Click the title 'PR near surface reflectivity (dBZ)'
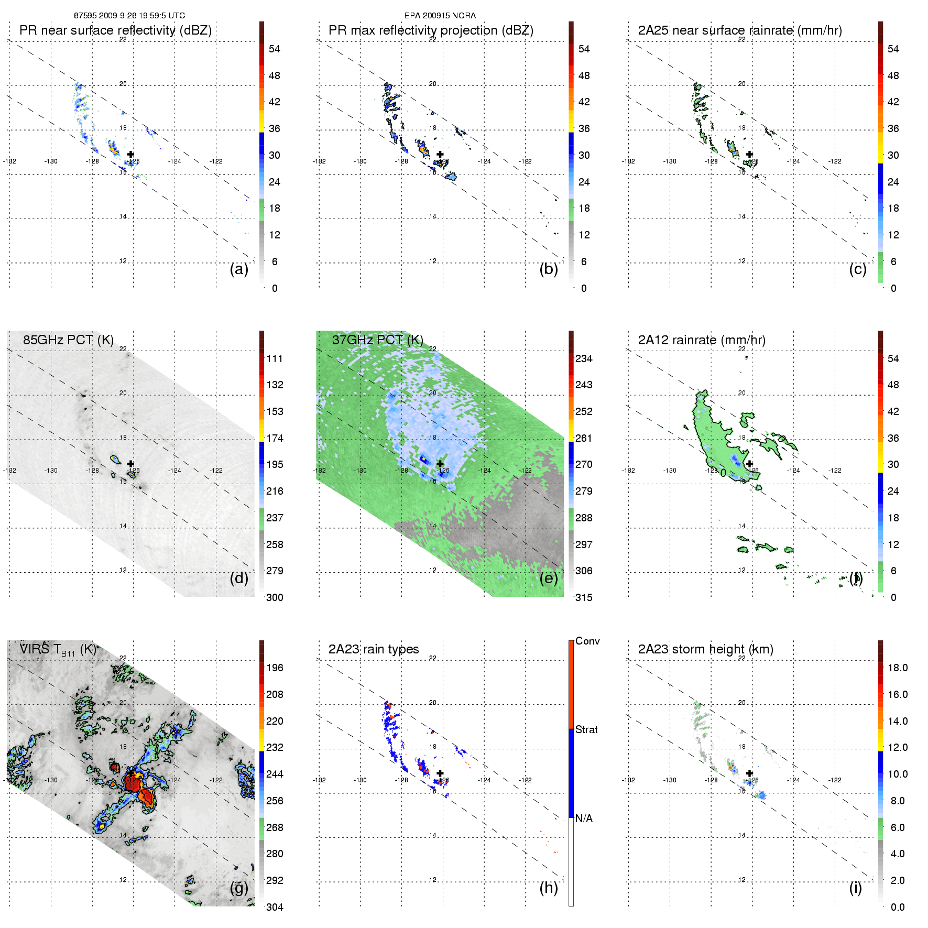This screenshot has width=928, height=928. [x=115, y=30]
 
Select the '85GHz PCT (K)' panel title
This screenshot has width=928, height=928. [x=68, y=340]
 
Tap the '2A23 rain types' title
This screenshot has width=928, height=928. [x=374, y=649]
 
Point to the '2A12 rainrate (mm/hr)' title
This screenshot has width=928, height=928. [x=702, y=340]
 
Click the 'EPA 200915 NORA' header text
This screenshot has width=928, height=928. [x=440, y=16]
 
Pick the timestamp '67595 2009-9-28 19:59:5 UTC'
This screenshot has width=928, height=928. [x=129, y=16]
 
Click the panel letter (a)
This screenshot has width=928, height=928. [x=239, y=269]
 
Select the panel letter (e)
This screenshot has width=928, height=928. [x=549, y=578]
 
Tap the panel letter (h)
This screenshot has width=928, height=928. [x=549, y=888]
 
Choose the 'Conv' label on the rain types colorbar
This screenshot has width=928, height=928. [x=587, y=641]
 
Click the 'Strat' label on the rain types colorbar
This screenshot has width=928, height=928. [x=586, y=730]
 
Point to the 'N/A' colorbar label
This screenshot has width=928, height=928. [x=584, y=818]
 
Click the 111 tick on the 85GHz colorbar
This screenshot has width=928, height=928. [x=275, y=359]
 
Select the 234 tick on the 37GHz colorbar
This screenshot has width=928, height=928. [x=584, y=359]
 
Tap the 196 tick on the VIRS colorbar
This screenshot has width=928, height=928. [x=275, y=668]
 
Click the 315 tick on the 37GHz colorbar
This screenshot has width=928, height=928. [x=584, y=598]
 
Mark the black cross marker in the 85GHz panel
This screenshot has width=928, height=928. [x=130, y=464]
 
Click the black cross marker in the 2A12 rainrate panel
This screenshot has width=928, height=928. [x=749, y=464]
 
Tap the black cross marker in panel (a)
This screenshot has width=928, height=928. [x=130, y=154]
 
